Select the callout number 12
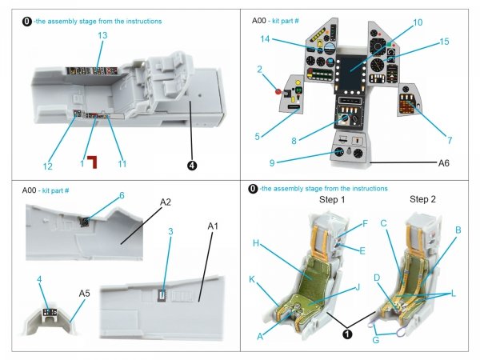tap(48, 166)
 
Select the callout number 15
tap(445, 42)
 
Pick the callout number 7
tap(450, 141)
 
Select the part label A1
tap(212, 226)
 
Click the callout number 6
tap(122, 196)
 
